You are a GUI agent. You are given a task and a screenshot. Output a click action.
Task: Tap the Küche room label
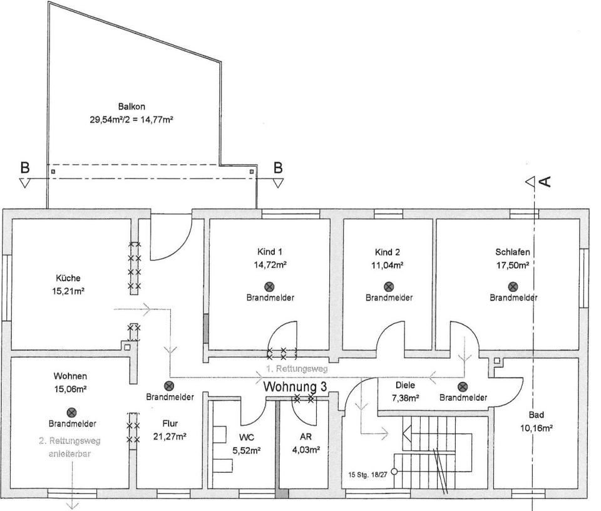(x=67, y=278)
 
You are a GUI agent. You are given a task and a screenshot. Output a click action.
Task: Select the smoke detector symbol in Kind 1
(x=270, y=286)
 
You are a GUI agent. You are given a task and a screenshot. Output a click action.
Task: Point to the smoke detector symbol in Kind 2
(x=388, y=286)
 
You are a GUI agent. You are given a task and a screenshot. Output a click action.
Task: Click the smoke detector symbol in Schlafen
(x=513, y=286)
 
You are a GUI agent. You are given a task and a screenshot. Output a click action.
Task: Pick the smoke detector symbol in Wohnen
(x=72, y=412)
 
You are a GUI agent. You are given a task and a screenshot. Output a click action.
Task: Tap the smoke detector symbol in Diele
(x=463, y=387)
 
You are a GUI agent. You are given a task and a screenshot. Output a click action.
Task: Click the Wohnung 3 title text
(x=295, y=386)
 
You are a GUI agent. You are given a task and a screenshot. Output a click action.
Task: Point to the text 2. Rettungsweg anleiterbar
(x=69, y=446)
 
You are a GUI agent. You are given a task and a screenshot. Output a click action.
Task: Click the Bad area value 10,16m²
(x=536, y=429)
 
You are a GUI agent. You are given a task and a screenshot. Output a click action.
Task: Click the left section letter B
(x=25, y=168)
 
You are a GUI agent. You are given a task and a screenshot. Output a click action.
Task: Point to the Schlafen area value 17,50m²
(x=513, y=266)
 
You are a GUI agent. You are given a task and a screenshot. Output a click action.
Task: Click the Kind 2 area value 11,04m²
(x=388, y=266)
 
